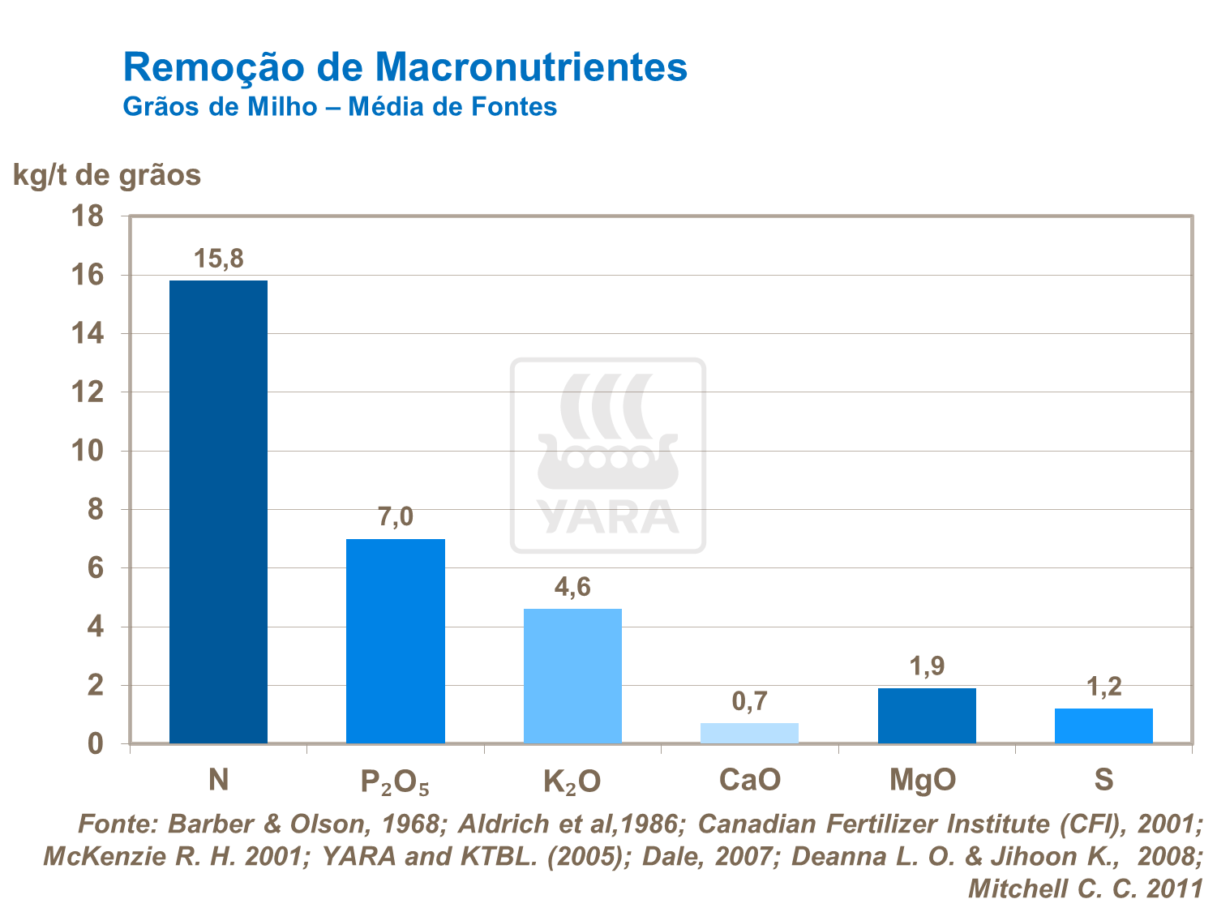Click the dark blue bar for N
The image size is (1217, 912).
pyautogui.click(x=218, y=512)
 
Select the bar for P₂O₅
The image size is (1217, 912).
pyautogui.click(x=395, y=640)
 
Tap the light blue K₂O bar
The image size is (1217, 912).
pyautogui.click(x=572, y=675)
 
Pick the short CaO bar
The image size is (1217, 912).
pyautogui.click(x=749, y=733)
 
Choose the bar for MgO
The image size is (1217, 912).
pyautogui.click(x=927, y=715)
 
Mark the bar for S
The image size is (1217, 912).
pyautogui.click(x=1103, y=726)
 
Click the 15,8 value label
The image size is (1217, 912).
pyautogui.click(x=218, y=259)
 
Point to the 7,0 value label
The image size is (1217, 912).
pyautogui.click(x=395, y=517)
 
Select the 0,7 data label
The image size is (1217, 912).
pyautogui.click(x=749, y=701)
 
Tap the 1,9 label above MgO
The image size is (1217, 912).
pyautogui.click(x=927, y=666)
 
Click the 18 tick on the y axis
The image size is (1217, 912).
pyautogui.click(x=88, y=216)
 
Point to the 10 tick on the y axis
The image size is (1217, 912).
pyautogui.click(x=88, y=451)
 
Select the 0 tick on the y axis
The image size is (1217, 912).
pyautogui.click(x=96, y=743)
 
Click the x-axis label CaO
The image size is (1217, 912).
pyautogui.click(x=749, y=780)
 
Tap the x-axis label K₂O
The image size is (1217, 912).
pyautogui.click(x=572, y=781)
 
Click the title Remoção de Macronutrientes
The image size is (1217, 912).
pyautogui.click(x=405, y=66)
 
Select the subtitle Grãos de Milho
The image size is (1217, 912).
pyautogui.click(x=219, y=107)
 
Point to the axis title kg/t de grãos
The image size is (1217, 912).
pyautogui.click(x=107, y=175)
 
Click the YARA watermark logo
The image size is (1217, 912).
pyautogui.click(x=607, y=456)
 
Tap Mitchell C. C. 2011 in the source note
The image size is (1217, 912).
pyautogui.click(x=1085, y=888)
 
